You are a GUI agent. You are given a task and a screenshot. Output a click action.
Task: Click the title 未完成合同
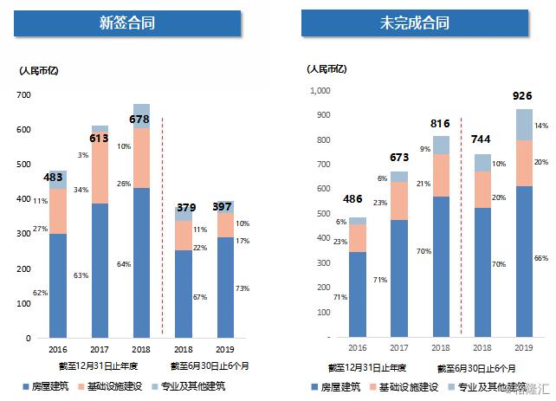point(413,23)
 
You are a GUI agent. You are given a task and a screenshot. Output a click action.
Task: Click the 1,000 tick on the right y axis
point(319,90)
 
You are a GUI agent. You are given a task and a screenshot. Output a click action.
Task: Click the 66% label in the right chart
point(541,258)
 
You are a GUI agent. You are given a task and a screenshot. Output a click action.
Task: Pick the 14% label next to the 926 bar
point(541,126)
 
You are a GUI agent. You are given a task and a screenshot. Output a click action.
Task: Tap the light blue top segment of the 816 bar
point(441,145)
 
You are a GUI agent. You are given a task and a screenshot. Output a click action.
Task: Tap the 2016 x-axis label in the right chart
point(357,347)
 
